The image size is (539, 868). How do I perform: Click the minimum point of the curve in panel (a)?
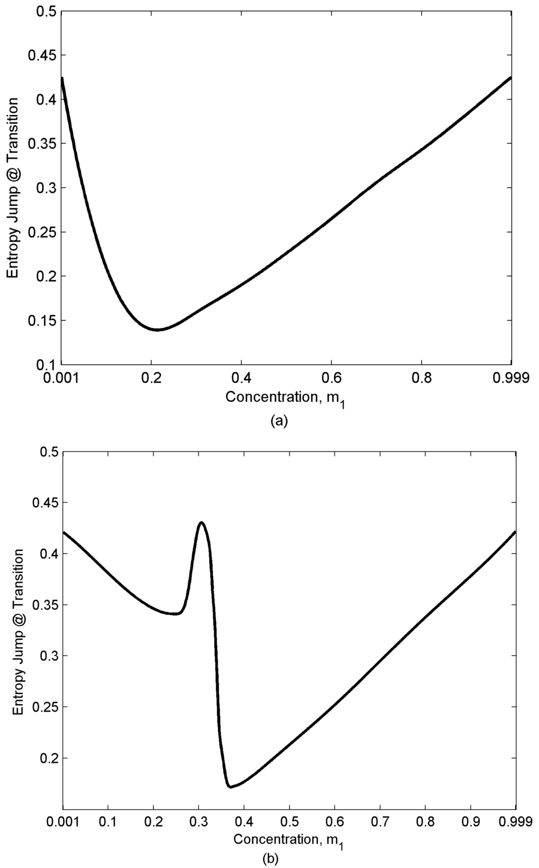tap(157, 330)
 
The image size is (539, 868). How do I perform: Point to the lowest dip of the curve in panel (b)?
tap(230, 787)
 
